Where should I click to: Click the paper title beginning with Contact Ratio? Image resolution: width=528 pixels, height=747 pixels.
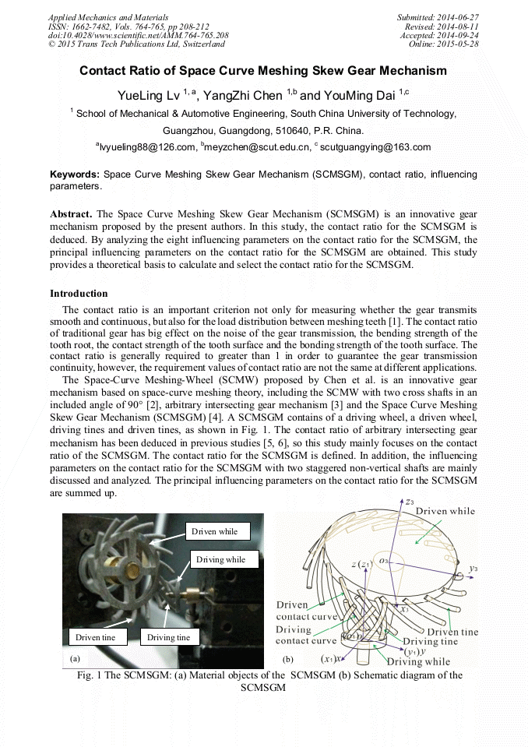point(263,71)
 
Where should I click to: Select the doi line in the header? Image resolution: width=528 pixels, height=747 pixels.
point(139,35)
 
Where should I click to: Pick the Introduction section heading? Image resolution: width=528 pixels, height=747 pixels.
point(79,294)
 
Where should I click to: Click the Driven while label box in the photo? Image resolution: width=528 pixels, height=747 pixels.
point(218,531)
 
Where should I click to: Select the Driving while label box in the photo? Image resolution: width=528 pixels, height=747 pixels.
point(220,559)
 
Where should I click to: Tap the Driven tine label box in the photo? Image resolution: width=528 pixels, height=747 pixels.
point(96,637)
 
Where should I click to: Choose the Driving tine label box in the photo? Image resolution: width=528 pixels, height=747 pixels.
point(169,637)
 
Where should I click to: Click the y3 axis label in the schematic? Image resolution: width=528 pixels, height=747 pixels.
point(473,569)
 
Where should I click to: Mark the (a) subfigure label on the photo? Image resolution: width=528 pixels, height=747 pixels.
point(76,658)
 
